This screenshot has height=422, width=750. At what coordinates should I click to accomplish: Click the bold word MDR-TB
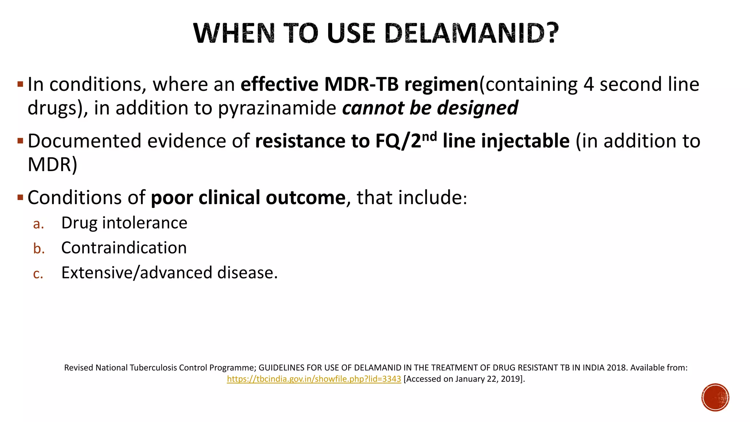361,84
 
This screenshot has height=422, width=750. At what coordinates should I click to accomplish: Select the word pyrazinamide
277,108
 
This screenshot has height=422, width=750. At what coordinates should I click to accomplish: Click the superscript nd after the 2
429,136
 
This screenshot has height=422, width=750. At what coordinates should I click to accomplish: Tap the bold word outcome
305,198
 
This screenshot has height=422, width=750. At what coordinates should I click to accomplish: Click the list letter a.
38,224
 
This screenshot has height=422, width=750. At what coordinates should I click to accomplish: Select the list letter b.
38,248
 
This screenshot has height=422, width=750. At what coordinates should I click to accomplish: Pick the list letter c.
38,274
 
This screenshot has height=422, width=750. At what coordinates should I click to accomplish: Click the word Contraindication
124,248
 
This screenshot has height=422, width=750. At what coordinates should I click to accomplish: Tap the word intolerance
145,223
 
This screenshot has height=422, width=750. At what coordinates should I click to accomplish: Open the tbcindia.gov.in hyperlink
314,379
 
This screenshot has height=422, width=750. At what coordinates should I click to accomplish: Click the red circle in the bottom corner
715,397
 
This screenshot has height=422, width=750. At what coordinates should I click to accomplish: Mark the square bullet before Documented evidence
20,141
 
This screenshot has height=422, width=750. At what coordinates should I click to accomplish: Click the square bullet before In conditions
20,84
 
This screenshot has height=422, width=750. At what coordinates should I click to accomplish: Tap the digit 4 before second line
588,84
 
